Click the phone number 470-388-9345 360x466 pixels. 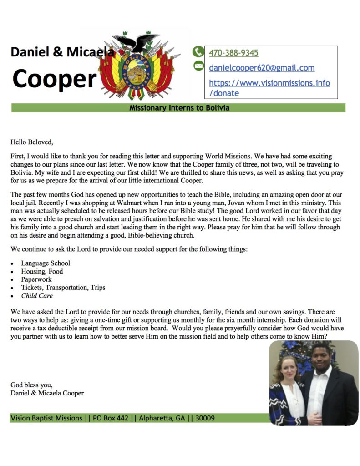coord(233,53)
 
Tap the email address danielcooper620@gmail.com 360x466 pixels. coord(262,68)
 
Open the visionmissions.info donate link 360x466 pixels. coord(269,88)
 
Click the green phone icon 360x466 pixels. coord(198,52)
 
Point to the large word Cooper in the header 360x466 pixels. coord(55,78)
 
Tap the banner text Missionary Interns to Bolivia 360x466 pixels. coord(179,108)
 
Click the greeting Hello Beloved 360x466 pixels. coord(32,142)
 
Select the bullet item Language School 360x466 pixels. coord(46,263)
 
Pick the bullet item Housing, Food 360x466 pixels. coord(42,271)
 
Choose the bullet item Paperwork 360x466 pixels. coord(36,279)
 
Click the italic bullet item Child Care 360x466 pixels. coord(37,296)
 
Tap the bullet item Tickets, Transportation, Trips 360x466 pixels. coord(63,288)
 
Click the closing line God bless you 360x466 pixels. coord(31,385)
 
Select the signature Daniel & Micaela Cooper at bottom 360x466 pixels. coord(47,393)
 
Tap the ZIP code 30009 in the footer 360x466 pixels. coord(205,418)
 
